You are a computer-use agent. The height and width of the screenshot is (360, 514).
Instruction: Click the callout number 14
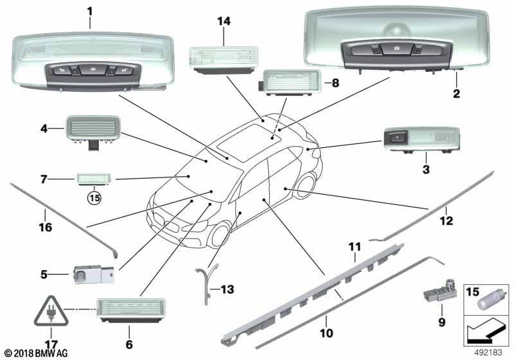pos(224,21)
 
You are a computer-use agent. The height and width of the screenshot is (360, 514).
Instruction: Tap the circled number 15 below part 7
pos(94,198)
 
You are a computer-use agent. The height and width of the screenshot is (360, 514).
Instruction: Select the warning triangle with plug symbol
pos(51,312)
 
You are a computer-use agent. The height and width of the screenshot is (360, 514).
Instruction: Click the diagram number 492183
pos(488,353)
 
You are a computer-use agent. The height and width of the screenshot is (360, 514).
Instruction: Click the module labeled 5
pos(94,274)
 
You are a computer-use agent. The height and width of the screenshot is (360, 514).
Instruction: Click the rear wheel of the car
pos(306,186)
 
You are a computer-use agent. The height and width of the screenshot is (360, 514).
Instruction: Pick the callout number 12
pos(446,221)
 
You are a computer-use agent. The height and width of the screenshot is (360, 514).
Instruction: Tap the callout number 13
pos(227,289)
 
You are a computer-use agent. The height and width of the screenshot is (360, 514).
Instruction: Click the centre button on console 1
pos(93,69)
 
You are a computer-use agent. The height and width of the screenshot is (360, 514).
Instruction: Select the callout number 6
pos(129,345)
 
